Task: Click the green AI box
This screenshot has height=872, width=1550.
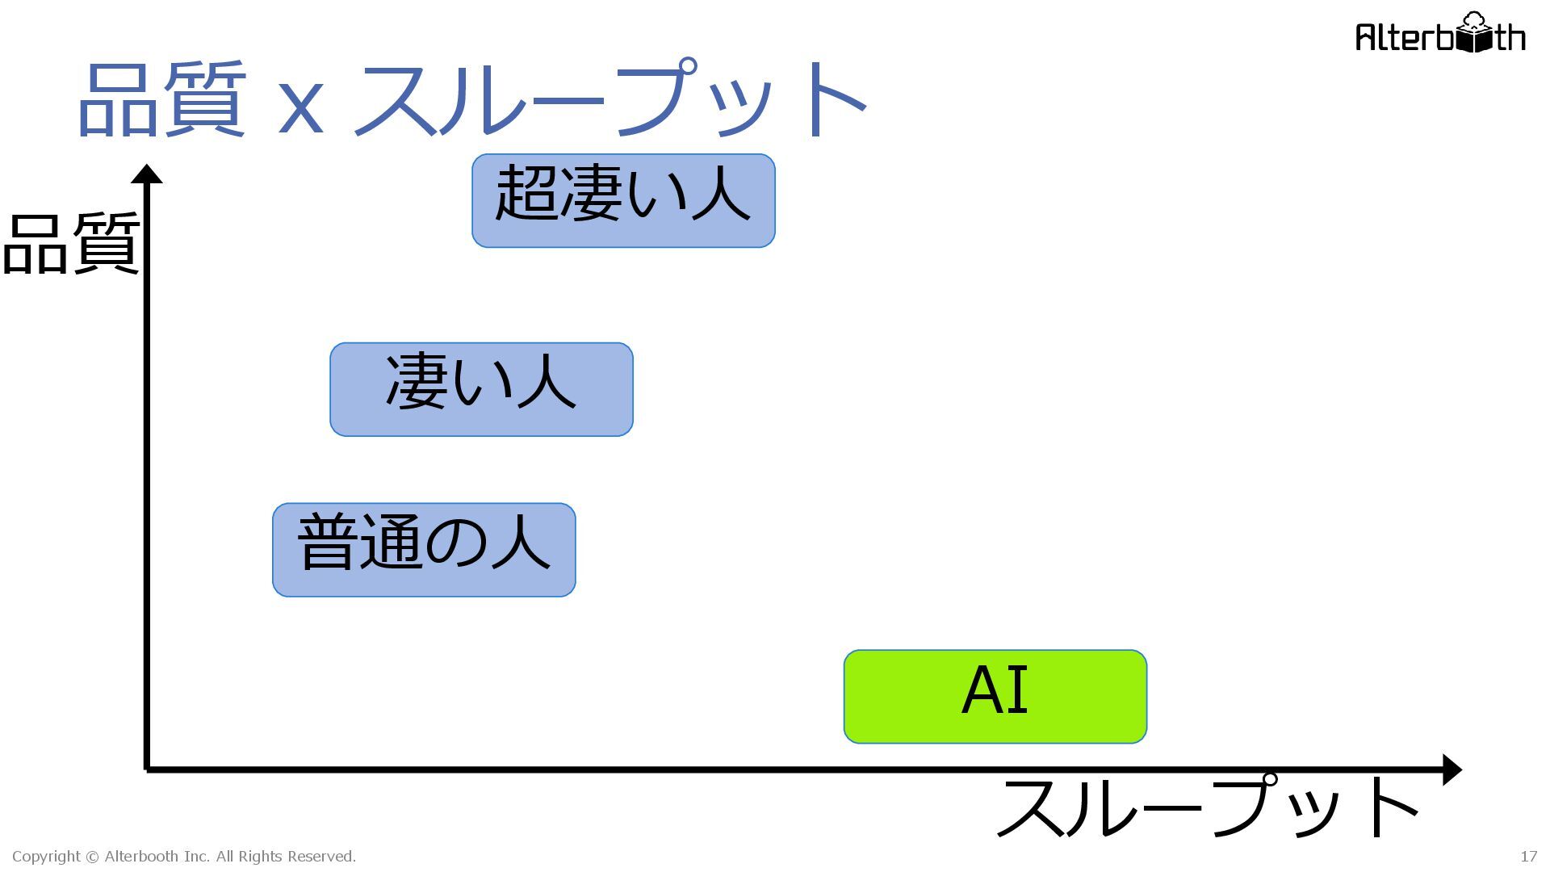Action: pos(995,696)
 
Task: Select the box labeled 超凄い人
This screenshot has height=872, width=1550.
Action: pos(623,200)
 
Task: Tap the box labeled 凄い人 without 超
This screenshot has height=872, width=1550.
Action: pos(481,389)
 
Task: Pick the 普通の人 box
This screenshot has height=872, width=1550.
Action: pos(424,550)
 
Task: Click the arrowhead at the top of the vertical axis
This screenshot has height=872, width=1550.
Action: pos(147,174)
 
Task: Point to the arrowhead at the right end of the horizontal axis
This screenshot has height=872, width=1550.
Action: pos(1451,769)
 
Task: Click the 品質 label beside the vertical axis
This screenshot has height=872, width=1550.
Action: pos(71,244)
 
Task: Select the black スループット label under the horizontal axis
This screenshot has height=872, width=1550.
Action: pos(1207,807)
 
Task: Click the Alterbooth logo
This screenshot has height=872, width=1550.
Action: pos(1440,34)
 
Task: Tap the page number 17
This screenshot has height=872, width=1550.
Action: pos(1528,857)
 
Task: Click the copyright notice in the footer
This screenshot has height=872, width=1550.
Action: pos(184,857)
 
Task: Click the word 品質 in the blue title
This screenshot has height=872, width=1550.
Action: pos(161,101)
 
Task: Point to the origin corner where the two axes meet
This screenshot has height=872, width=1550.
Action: pos(147,769)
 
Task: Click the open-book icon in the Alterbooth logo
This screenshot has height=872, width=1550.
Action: pos(1473,36)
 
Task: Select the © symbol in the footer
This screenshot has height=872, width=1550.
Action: pos(92,857)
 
